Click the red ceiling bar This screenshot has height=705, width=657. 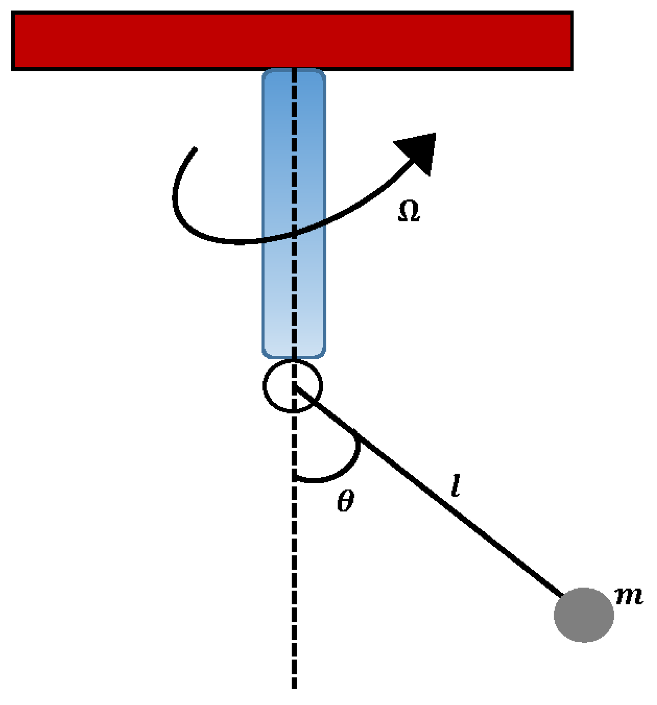(x=292, y=41)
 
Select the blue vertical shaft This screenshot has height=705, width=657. (x=294, y=213)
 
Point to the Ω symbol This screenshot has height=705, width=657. (x=409, y=211)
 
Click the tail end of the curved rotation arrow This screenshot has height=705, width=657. (x=195, y=149)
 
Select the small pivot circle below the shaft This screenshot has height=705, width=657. (x=293, y=386)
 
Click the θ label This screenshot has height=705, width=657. (x=346, y=501)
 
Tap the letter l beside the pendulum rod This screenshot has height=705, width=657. (x=455, y=486)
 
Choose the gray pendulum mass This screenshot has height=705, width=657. (x=584, y=615)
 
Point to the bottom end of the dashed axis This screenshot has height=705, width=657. (x=294, y=688)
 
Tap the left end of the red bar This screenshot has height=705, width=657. (x=12, y=41)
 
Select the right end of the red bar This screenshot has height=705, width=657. (x=572, y=41)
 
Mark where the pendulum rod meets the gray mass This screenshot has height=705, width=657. (x=562, y=596)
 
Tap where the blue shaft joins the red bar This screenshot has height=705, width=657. (x=294, y=70)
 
